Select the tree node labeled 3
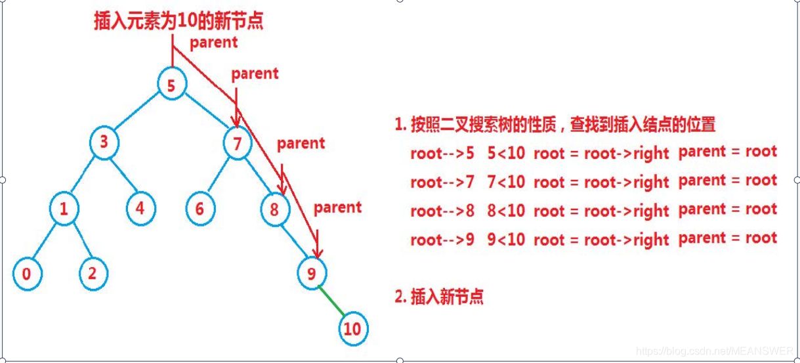[x=104, y=143]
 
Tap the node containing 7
[x=238, y=143]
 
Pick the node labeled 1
[x=64, y=209]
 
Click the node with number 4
[x=140, y=209]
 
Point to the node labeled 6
[x=200, y=209]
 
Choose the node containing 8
[x=274, y=209]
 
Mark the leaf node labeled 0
[x=27, y=274]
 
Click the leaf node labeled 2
[x=93, y=274]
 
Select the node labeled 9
[x=311, y=274]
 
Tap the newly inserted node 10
[x=352, y=328]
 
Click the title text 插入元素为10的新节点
[x=177, y=20]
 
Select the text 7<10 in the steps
[x=506, y=182]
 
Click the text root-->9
[x=442, y=240]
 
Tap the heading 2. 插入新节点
[x=439, y=297]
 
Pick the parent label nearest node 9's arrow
[x=337, y=207]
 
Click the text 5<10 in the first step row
[x=506, y=153]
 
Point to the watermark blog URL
[x=715, y=351]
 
